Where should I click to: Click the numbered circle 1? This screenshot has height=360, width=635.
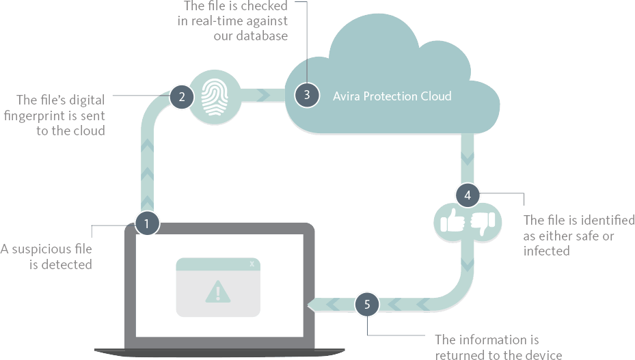pos(148,223)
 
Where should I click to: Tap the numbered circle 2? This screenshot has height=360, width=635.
pos(182,96)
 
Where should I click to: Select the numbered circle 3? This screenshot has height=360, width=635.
pos(307,95)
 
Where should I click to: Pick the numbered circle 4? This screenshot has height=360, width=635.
pos(468,195)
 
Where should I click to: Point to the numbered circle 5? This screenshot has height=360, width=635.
pos(367,304)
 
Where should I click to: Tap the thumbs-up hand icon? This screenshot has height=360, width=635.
pos(453,221)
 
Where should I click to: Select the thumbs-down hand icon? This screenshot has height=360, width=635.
pos(484,221)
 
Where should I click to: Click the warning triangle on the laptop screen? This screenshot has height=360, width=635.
pos(218,292)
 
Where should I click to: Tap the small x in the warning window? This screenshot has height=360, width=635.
pos(252,264)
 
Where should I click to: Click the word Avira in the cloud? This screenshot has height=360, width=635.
pos(347,96)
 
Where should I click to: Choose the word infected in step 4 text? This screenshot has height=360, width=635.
pos(546,251)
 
